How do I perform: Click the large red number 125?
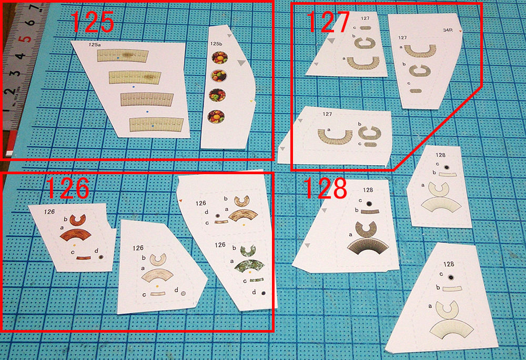92,22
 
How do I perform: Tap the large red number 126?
67,188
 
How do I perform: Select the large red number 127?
328,22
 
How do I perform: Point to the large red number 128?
325,188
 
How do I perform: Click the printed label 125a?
95,45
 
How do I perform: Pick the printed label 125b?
216,44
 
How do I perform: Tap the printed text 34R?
448,30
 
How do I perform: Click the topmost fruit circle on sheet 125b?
220,57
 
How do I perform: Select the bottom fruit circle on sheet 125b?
216,116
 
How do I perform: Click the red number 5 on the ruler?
24,39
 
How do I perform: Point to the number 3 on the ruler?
16,73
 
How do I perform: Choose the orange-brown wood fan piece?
75,235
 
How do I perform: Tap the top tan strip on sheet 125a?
123,56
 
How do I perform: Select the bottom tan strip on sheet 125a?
157,125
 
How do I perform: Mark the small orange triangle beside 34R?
461,31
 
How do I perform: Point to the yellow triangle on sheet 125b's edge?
251,101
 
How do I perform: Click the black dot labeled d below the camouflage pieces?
264,293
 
